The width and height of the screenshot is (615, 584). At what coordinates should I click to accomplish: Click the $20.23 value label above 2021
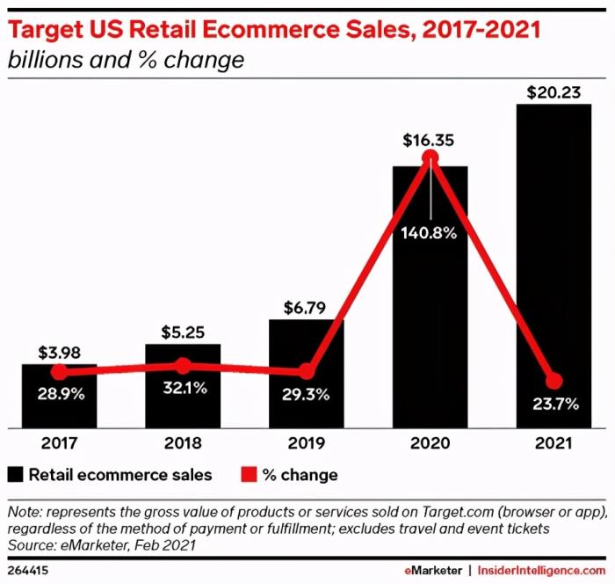click(553, 91)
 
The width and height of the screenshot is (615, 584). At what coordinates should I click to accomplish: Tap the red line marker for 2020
click(430, 157)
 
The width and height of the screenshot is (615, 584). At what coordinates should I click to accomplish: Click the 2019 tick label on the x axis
click(306, 444)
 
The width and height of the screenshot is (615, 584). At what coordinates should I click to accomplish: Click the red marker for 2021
click(553, 381)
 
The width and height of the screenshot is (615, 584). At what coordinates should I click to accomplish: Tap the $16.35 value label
click(430, 140)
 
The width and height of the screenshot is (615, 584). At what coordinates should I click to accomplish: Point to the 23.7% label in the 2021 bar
click(553, 405)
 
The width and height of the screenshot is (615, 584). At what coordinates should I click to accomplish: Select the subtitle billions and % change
click(125, 61)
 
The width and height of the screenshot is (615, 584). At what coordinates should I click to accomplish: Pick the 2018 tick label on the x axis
click(183, 444)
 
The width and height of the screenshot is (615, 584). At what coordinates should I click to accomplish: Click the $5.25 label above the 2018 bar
click(183, 332)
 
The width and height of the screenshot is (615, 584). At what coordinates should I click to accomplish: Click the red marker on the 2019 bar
click(306, 371)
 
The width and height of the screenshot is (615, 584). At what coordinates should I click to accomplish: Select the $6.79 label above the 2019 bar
click(306, 308)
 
